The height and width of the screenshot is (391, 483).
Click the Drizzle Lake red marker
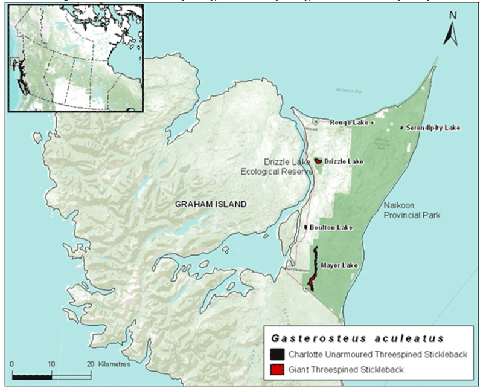[318, 161]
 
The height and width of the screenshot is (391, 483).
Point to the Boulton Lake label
[330, 228]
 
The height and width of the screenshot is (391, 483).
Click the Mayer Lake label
[339, 265]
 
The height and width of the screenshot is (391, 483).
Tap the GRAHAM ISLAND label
[211, 205]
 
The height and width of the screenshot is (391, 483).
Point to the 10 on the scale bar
[52, 364]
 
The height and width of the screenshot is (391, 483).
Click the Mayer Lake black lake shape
[314, 263]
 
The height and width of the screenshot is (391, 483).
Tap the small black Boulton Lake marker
[306, 228]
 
